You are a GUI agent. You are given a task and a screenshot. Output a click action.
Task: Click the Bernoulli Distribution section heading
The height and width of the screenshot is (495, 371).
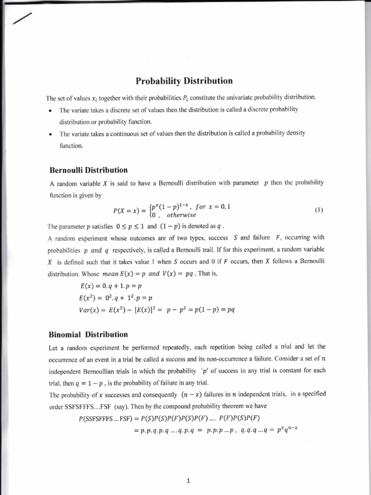tap(88, 170)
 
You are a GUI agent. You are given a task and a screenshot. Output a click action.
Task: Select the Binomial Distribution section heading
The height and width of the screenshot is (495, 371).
tap(88, 335)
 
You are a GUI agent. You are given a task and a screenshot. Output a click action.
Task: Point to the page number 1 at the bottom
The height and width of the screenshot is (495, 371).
tap(188, 467)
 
